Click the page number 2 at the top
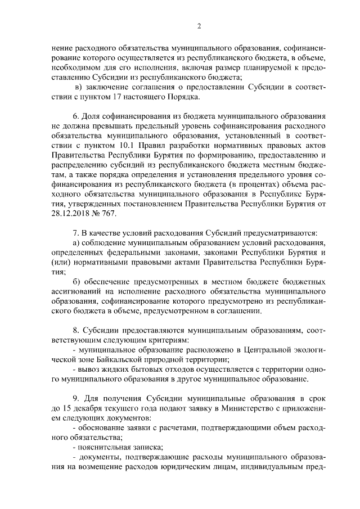[199, 25]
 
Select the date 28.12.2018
[69, 214]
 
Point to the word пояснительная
[106, 448]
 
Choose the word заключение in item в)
[107, 87]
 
